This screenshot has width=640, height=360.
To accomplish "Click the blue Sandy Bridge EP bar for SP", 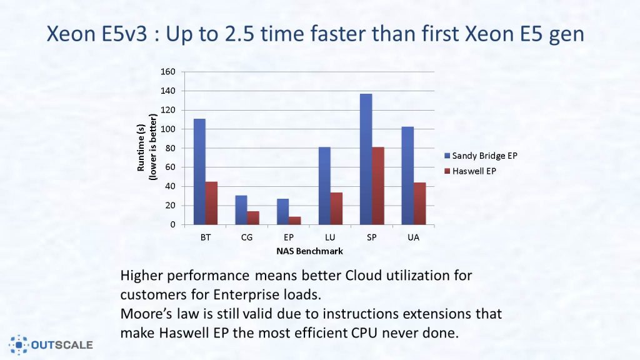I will [x=366, y=159].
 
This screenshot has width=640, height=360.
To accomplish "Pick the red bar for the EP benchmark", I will [x=294, y=221].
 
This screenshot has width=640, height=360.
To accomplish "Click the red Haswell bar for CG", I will [x=253, y=218].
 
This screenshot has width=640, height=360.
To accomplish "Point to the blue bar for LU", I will [x=324, y=186].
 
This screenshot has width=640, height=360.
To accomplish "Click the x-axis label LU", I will [x=330, y=238].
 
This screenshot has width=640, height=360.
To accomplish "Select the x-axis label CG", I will [x=247, y=238].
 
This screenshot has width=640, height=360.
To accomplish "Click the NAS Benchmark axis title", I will [x=309, y=251].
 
